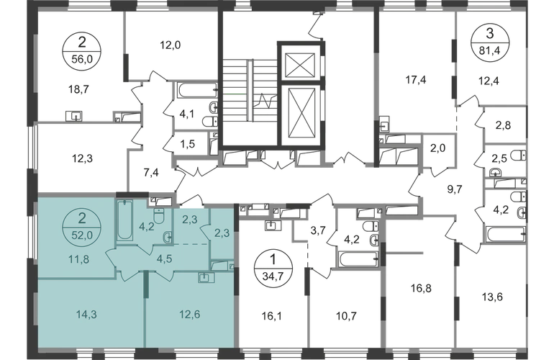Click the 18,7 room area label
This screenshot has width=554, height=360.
78,89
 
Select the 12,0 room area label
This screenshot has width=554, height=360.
171,45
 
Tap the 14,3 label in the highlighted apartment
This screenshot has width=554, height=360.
86,314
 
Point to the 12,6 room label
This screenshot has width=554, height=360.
190,314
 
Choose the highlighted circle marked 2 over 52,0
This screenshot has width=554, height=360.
82,227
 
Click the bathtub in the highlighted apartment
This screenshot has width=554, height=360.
124,220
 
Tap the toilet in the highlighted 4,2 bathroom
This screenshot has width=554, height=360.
159,215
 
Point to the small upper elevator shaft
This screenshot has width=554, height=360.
299,65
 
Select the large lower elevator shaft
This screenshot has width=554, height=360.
301,114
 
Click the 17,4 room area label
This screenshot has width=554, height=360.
416,80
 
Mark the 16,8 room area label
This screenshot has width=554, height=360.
421,288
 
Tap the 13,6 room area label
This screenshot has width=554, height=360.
492,297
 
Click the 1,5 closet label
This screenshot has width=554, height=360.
187,144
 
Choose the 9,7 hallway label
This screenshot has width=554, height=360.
455,189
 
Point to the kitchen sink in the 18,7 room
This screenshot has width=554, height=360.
74,116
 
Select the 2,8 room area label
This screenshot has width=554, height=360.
503,125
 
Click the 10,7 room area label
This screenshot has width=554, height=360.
346,315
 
